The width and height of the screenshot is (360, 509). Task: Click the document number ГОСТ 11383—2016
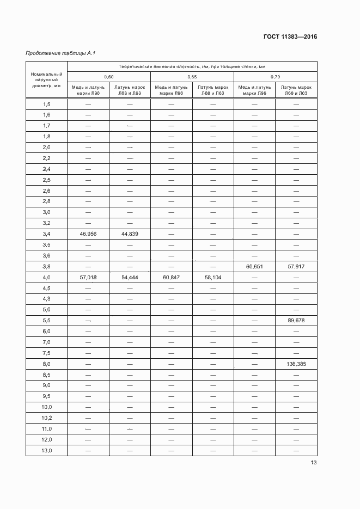pyautogui.click(x=290, y=37)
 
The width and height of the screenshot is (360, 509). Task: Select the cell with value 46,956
pyautogui.click(x=88, y=234)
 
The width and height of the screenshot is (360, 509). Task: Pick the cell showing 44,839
pyautogui.click(x=130, y=234)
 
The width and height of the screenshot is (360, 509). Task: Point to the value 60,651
pyautogui.click(x=254, y=267)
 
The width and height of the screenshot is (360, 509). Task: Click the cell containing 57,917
pyautogui.click(x=296, y=267)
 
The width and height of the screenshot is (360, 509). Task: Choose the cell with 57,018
pyautogui.click(x=88, y=278)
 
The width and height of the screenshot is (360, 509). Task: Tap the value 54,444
pyautogui.click(x=130, y=278)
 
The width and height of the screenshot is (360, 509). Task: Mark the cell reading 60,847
pyautogui.click(x=171, y=278)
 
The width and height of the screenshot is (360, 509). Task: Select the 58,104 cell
pyautogui.click(x=213, y=278)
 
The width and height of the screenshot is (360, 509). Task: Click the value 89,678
pyautogui.click(x=296, y=321)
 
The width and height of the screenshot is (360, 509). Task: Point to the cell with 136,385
pyautogui.click(x=296, y=364)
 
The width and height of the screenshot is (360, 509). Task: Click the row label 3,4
pyautogui.click(x=46, y=234)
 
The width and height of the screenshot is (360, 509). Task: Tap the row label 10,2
pyautogui.click(x=46, y=418)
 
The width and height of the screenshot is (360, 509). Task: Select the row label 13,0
pyautogui.click(x=46, y=451)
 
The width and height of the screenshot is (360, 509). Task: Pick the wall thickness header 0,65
pyautogui.click(x=192, y=77)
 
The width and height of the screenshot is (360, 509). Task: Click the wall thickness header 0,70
pyautogui.click(x=275, y=77)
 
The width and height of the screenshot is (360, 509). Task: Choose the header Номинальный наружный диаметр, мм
pyautogui.click(x=46, y=79)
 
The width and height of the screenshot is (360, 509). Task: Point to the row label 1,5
pyautogui.click(x=46, y=104)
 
